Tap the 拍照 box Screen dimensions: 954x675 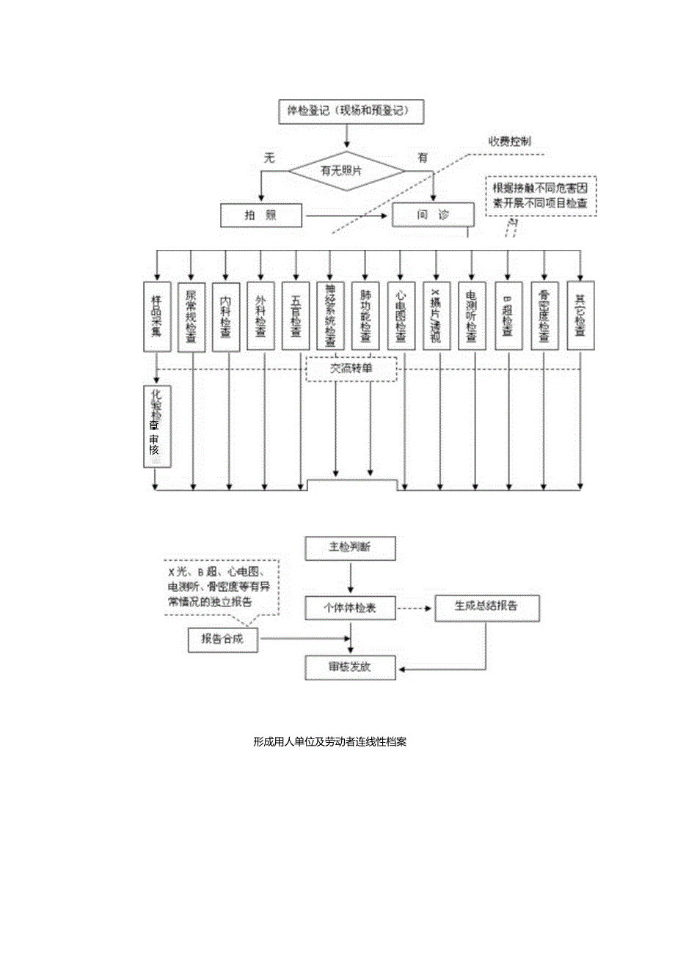261,216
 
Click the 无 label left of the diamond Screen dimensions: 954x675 269,157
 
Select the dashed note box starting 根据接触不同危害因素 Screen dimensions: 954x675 541,197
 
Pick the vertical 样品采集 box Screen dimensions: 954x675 156,315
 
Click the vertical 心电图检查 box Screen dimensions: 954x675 401,315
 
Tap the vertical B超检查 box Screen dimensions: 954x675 507,315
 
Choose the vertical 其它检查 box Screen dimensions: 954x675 580,315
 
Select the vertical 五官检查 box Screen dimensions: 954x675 296,315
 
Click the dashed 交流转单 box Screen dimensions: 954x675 351,370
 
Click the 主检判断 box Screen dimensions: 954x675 351,547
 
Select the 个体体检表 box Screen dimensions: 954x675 351,606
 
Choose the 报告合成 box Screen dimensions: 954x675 223,639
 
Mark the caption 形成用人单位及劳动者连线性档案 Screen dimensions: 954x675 329,741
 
